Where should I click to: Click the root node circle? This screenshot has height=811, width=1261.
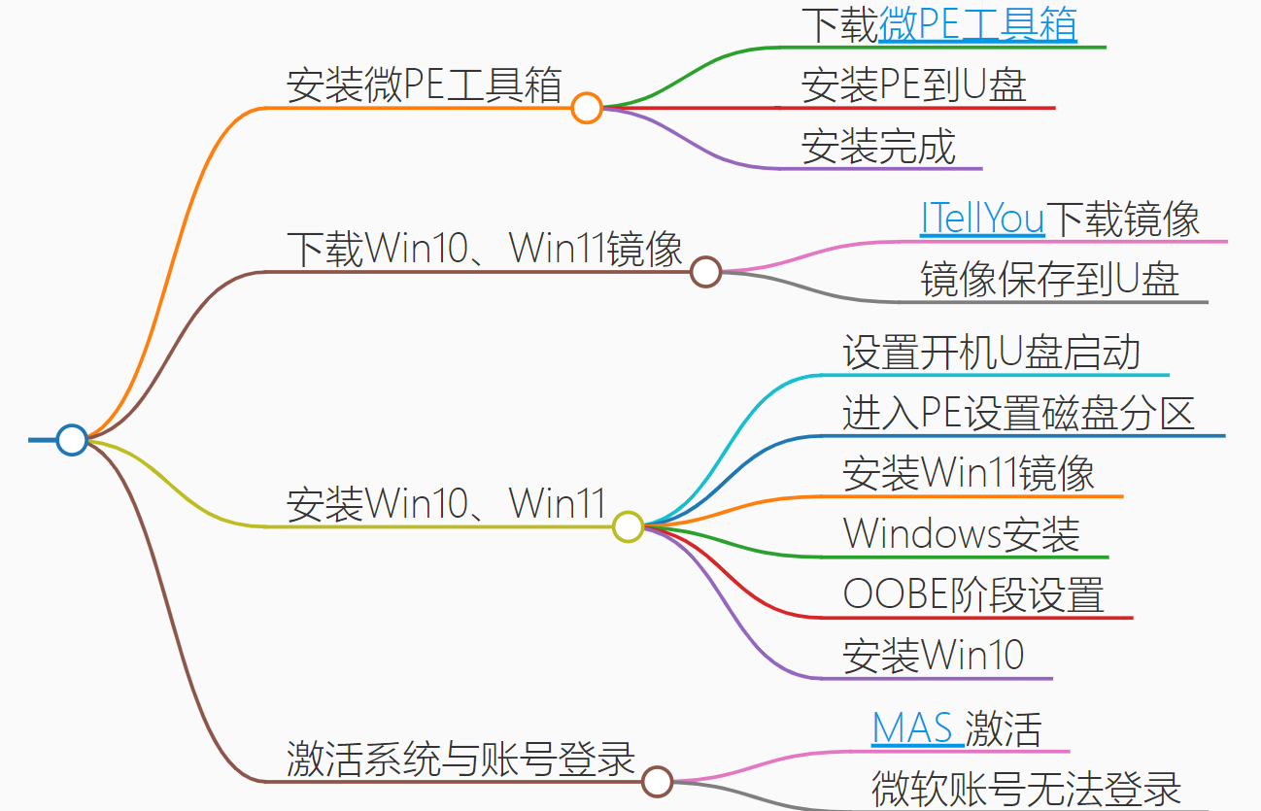pos(72,440)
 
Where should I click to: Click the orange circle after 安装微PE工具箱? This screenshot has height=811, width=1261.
pos(586,107)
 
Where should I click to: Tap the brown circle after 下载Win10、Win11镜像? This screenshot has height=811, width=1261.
pos(706,272)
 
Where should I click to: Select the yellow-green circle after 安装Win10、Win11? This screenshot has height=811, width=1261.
pos(629,526)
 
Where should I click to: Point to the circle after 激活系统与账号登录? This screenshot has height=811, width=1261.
pos(658,781)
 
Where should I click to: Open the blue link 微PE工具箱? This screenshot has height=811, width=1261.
pos(977,25)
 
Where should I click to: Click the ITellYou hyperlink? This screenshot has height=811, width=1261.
pos(982,220)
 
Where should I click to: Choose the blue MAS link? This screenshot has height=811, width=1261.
pos(913,728)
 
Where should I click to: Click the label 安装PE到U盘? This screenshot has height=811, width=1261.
pos(913,85)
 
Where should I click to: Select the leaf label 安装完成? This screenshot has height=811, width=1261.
pos(878,147)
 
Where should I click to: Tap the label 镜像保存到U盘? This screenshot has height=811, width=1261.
pos(1049,280)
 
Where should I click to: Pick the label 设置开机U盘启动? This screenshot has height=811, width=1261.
pos(991,353)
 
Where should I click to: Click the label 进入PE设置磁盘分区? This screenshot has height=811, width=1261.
pos(1018,414)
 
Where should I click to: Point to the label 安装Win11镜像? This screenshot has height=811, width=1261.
pos(969,474)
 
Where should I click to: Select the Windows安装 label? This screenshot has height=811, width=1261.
pos(961,534)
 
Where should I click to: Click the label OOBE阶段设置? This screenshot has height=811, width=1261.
pos(973,594)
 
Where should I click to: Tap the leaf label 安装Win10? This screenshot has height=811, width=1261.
pos(933,656)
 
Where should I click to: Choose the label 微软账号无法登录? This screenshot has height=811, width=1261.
pos(1026,789)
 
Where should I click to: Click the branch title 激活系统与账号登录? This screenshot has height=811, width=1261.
pos(460,759)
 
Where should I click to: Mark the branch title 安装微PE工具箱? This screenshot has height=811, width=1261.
pos(425,85)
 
